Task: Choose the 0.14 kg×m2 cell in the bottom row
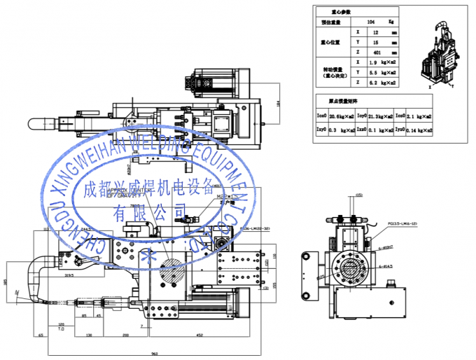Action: pos(419,130)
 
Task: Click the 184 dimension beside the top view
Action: pos(278,104)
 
